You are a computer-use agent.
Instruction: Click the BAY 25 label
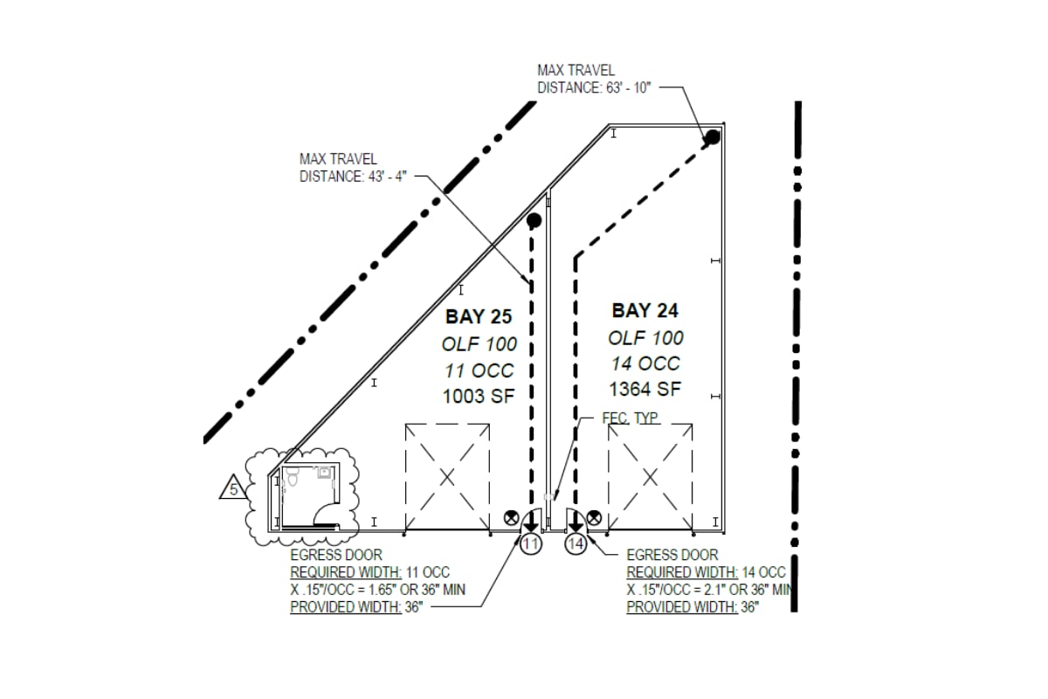[x=479, y=316]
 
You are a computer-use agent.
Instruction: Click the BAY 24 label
[x=645, y=310]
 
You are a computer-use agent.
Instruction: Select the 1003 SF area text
[x=478, y=395]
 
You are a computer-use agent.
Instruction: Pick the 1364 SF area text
[x=645, y=389]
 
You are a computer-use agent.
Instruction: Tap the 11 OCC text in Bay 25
[x=479, y=370]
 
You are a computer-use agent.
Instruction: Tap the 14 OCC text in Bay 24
[x=645, y=363]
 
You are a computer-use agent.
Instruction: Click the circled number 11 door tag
[x=531, y=544]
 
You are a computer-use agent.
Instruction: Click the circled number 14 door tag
[x=575, y=544]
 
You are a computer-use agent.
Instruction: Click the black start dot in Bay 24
[x=713, y=136]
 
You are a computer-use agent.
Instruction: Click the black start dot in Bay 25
[x=534, y=220]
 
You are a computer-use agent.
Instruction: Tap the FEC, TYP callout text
[x=631, y=419]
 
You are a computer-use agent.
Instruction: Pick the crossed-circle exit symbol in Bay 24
[x=594, y=517]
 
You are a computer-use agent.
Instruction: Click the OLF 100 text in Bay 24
[x=645, y=337]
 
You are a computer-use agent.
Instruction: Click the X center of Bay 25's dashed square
[x=446, y=477]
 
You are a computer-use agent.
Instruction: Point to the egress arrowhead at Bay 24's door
[x=576, y=526]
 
